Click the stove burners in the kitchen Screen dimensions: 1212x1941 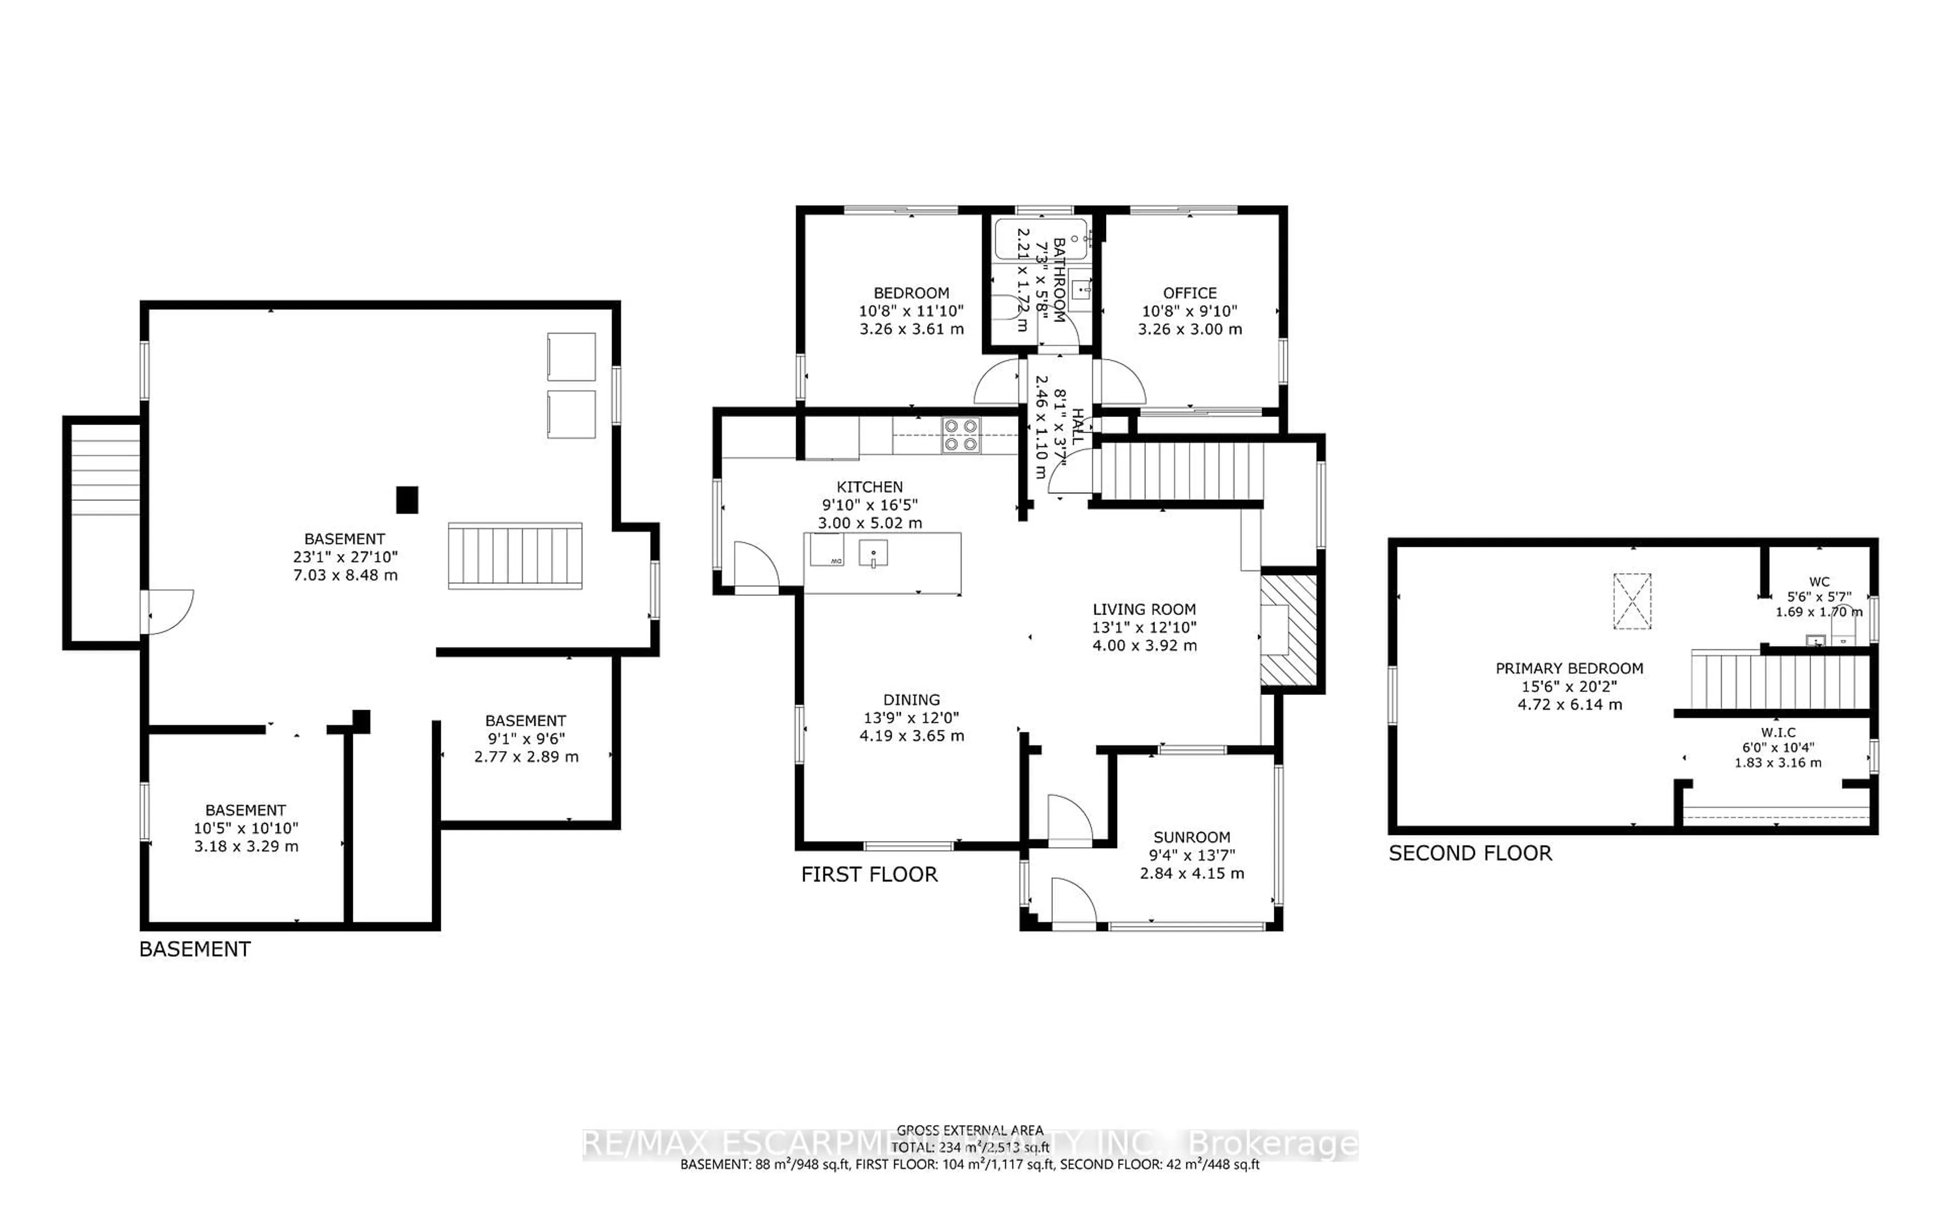click(x=960, y=435)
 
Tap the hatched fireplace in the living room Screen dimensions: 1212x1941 click(x=1288, y=631)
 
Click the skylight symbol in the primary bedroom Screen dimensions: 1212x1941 click(x=1632, y=601)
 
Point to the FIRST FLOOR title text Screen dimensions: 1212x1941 click(x=869, y=874)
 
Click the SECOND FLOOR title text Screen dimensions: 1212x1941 click(x=1470, y=853)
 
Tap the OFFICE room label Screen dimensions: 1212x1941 click(x=1189, y=293)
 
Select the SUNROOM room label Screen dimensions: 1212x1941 click(x=1192, y=837)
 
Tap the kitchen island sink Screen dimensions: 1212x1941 click(x=873, y=552)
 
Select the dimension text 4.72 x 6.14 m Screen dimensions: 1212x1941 click(x=1569, y=705)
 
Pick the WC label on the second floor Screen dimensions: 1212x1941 click(x=1819, y=582)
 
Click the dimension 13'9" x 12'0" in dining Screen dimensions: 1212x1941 click(x=911, y=717)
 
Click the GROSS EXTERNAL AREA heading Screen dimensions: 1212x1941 click(x=969, y=1130)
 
